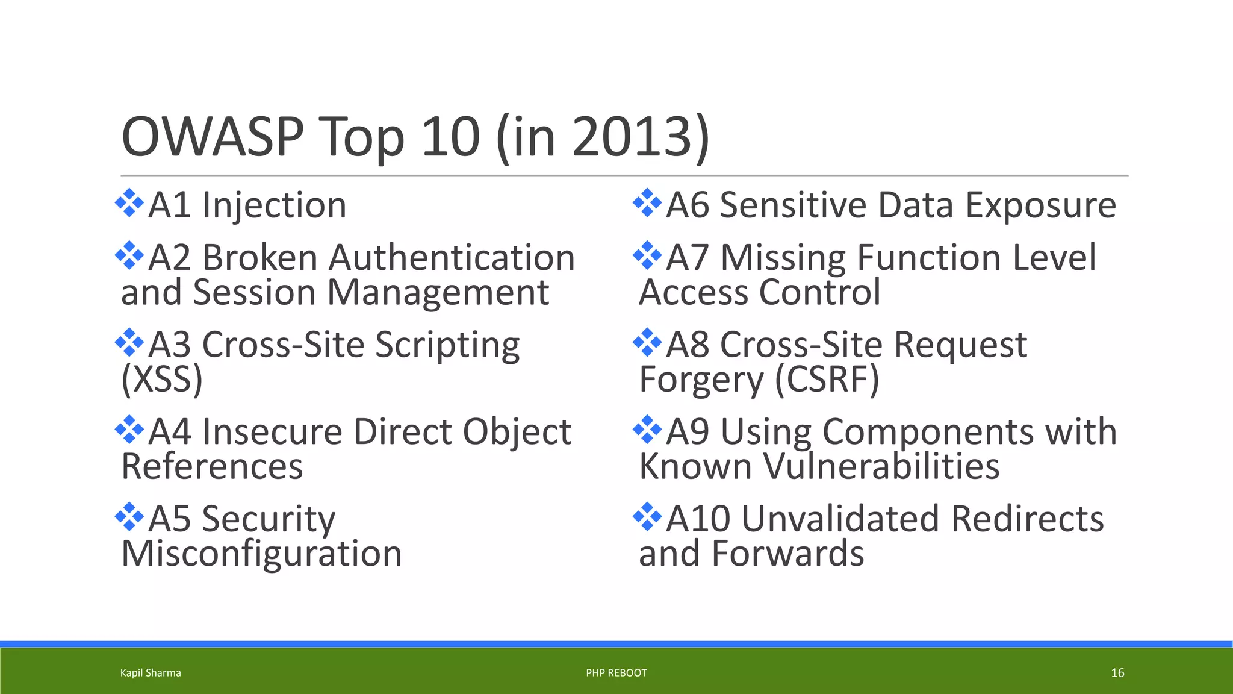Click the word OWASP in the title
pyautogui.click(x=212, y=137)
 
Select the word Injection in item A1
pyautogui.click(x=274, y=206)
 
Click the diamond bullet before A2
pyautogui.click(x=129, y=255)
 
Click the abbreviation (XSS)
pyautogui.click(x=162, y=380)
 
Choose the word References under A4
pyautogui.click(x=212, y=466)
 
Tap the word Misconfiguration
pyautogui.click(x=261, y=554)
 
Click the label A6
pyautogui.click(x=688, y=205)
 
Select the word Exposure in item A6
pyautogui.click(x=1041, y=206)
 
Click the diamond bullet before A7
pyautogui.click(x=647, y=255)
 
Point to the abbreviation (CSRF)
pyautogui.click(x=827, y=380)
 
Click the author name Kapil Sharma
pyautogui.click(x=151, y=673)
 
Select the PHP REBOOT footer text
pyautogui.click(x=616, y=673)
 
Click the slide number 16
pyautogui.click(x=1117, y=673)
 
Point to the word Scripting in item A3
pyautogui.click(x=447, y=346)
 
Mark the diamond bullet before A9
pyautogui.click(x=647, y=430)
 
